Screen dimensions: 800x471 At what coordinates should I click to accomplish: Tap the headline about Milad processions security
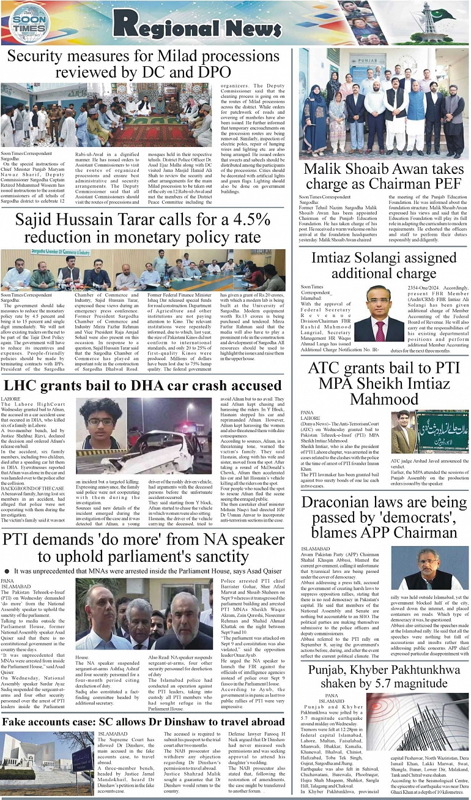[x=144, y=64]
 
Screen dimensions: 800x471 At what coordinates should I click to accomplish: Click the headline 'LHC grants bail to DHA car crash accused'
[x=143, y=386]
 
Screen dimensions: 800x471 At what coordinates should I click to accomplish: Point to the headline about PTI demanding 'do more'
[x=143, y=548]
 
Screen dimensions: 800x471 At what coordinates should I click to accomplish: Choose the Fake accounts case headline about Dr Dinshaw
[x=144, y=722]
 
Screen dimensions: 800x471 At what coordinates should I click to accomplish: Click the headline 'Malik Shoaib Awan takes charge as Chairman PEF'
[x=384, y=176]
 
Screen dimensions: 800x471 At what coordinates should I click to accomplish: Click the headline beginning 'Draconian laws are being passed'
[x=384, y=518]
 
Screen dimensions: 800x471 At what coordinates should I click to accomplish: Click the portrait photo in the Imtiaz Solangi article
[x=379, y=313]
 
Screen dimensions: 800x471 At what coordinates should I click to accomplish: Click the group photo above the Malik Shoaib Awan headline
[x=384, y=104]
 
